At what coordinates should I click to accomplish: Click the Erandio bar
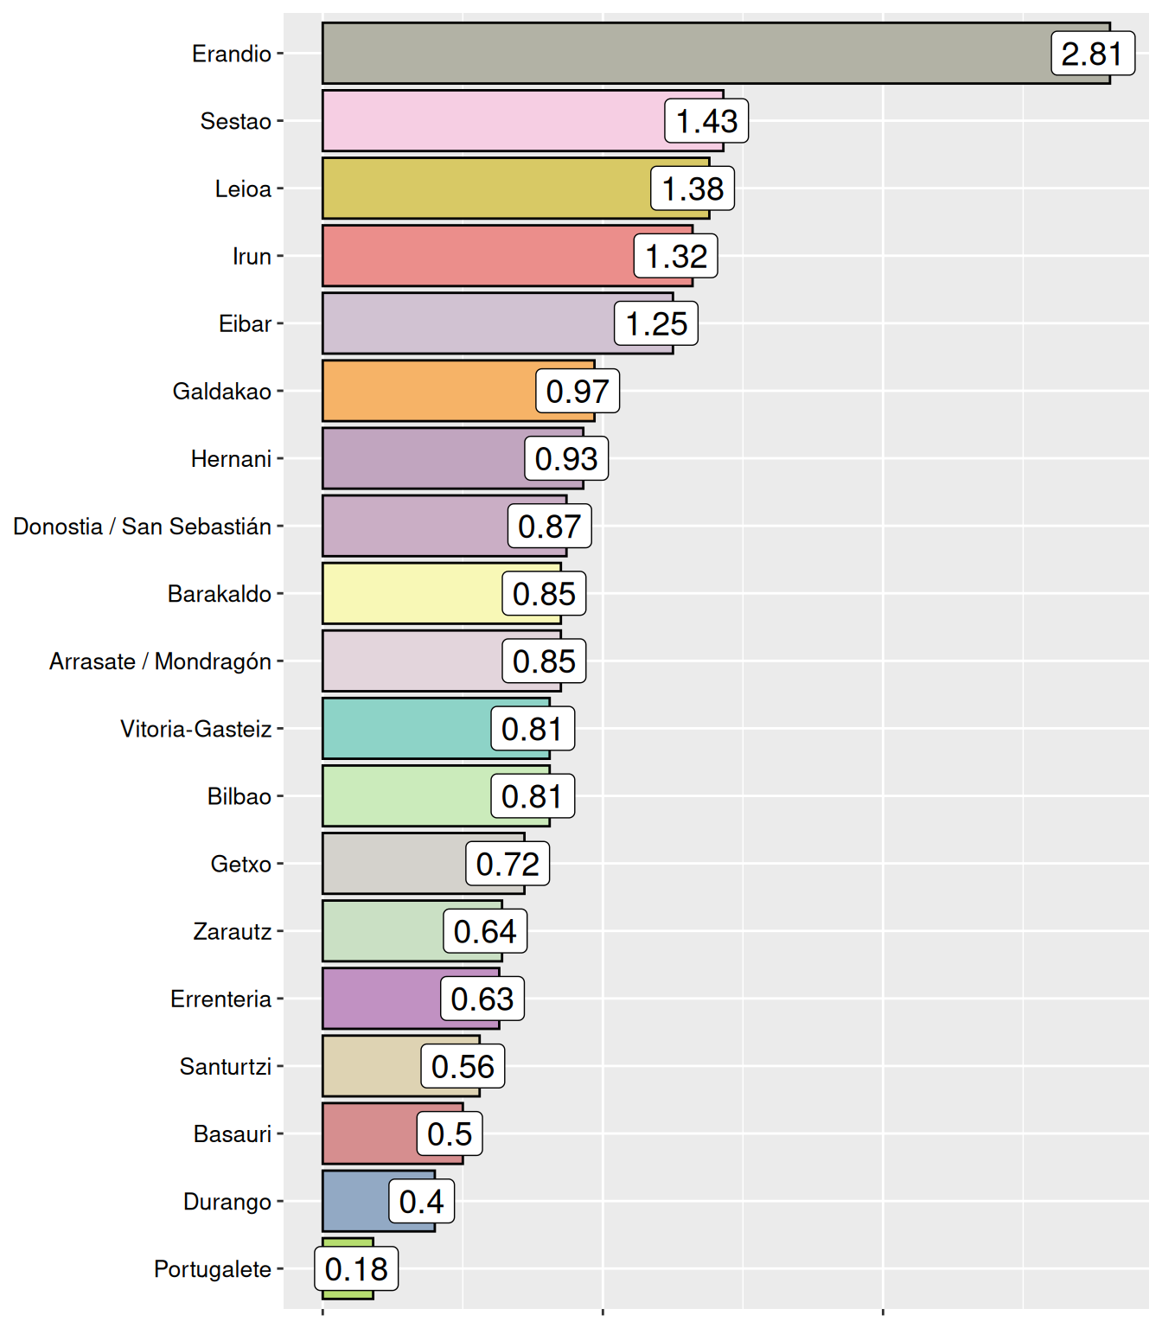pyautogui.click(x=674, y=54)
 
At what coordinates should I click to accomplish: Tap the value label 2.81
pyautogui.click(x=1092, y=54)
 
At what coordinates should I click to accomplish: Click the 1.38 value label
pyautogui.click(x=693, y=188)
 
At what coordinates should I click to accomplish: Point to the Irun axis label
pyautogui.click(x=252, y=257)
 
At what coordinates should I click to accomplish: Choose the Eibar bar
pyautogui.click(x=467, y=323)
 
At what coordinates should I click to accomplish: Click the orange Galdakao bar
pyautogui.click(x=428, y=391)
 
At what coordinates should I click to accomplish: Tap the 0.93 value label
pyautogui.click(x=566, y=458)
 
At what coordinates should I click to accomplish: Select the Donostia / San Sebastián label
pyautogui.click(x=143, y=527)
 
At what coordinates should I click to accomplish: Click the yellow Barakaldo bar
pyautogui.click(x=411, y=594)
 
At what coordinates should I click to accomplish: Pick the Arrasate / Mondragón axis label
pyautogui.click(x=161, y=661)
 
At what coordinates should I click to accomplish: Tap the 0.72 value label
pyautogui.click(x=508, y=864)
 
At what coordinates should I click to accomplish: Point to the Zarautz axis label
pyautogui.click(x=233, y=932)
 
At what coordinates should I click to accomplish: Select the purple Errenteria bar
pyautogui.click(x=380, y=999)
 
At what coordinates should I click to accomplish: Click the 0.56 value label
pyautogui.click(x=463, y=1067)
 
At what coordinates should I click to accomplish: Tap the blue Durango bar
pyautogui.click(x=354, y=1201)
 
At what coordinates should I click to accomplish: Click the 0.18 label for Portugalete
pyautogui.click(x=356, y=1269)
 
